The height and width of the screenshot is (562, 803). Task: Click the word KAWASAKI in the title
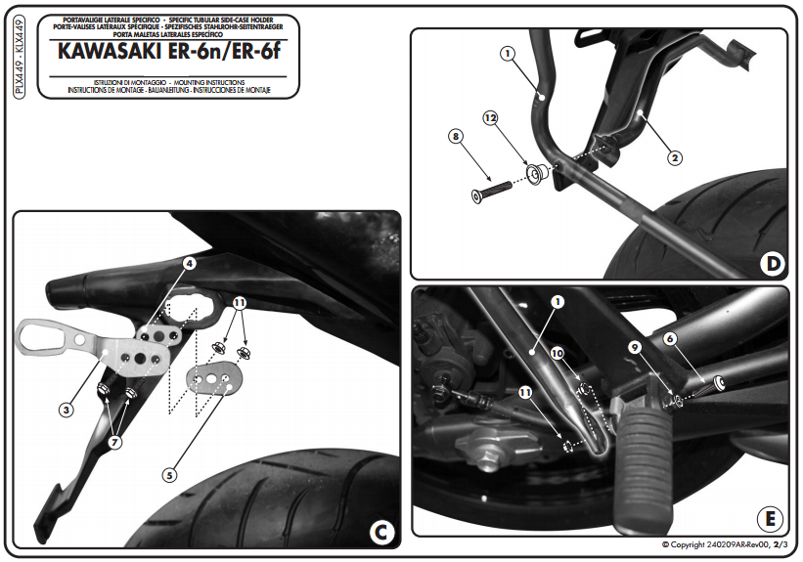(110, 52)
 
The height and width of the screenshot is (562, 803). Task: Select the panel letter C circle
(381, 533)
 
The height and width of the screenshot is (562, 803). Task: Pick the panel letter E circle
(770, 519)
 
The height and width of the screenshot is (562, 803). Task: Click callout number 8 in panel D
(456, 137)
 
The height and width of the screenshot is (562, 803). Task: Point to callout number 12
(490, 118)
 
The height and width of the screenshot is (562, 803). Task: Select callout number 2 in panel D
(675, 158)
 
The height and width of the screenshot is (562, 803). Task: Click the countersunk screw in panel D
(492, 191)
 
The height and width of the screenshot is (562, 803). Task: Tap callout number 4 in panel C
(190, 264)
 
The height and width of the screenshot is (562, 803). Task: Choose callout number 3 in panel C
(67, 410)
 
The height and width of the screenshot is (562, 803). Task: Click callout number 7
(115, 442)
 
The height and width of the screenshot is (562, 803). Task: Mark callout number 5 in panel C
(169, 475)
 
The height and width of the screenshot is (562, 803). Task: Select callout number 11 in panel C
(240, 302)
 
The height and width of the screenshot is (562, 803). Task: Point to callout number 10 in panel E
(558, 353)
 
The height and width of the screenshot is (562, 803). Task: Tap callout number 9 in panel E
(635, 348)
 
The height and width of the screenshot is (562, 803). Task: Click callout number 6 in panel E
(669, 338)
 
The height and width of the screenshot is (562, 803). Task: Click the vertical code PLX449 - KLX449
(19, 57)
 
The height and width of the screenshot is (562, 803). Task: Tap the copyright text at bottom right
(724, 544)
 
